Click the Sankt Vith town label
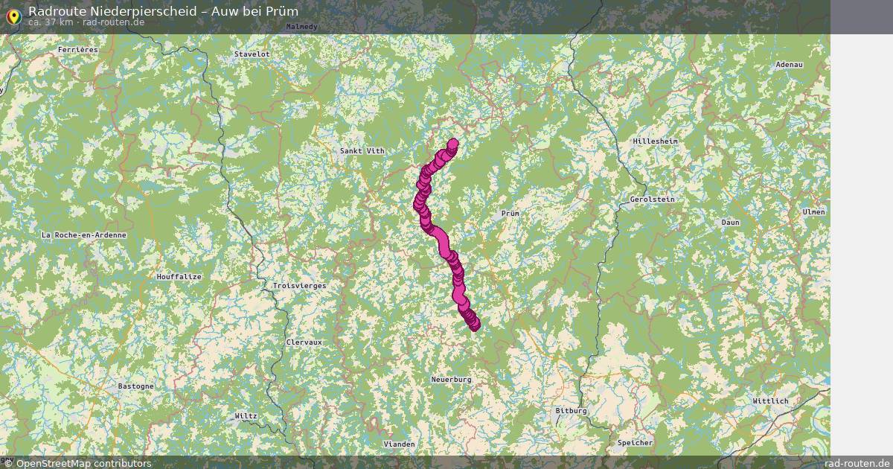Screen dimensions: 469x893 point(362,151)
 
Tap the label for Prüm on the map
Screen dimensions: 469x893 point(510,214)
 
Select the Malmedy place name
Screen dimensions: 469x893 point(302,27)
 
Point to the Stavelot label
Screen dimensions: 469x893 point(252,54)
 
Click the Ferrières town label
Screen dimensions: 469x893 point(77,50)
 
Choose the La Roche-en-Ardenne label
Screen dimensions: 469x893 point(84,235)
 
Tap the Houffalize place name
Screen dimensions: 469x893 point(179,277)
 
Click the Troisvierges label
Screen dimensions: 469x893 point(295,286)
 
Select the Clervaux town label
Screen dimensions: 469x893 point(304,342)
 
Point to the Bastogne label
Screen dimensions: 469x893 point(136,387)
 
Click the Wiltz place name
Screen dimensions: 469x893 point(246,416)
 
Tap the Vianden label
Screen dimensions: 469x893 point(399,444)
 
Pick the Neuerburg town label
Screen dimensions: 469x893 point(452,380)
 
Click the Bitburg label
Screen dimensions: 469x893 point(572,411)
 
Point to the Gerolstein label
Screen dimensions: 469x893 point(652,200)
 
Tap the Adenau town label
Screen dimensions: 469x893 point(790,65)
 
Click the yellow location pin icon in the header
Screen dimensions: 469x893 point(13,16)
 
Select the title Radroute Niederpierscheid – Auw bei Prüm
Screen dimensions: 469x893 point(164,11)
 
